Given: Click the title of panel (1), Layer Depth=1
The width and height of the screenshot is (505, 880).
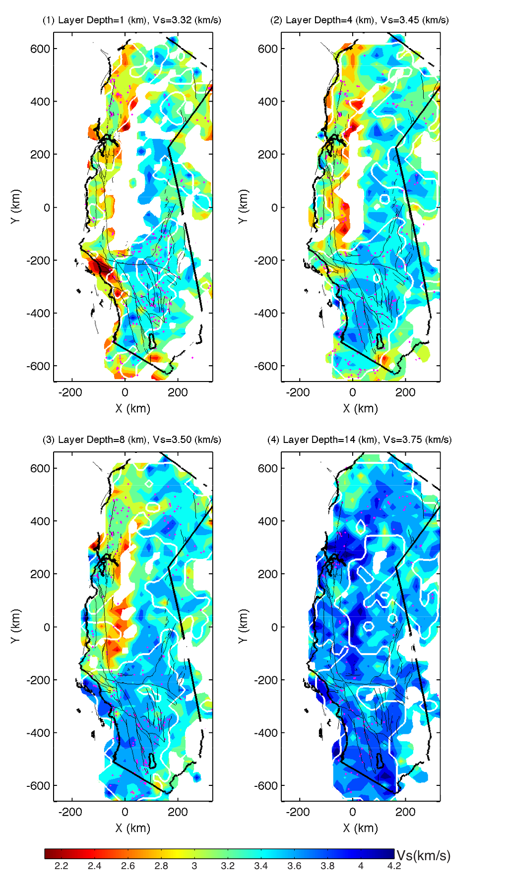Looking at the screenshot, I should tap(132, 20).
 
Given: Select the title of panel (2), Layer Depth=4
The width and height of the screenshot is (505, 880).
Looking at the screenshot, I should tap(359, 20).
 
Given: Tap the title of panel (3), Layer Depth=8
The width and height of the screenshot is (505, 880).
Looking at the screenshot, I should tap(132, 440).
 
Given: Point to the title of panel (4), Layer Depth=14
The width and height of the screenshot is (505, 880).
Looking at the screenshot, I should tap(359, 440).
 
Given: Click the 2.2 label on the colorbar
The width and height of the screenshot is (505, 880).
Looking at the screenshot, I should tap(61, 866).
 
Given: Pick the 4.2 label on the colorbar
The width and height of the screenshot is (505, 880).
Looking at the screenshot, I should tap(394, 866).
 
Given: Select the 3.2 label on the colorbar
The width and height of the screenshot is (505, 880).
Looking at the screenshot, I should tap(228, 866).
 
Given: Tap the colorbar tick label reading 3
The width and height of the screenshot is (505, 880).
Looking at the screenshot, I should tap(194, 866).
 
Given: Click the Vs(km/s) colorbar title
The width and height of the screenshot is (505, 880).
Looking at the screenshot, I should tap(424, 855).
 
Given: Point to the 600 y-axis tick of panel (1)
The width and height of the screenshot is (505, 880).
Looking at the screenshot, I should tap(40, 49).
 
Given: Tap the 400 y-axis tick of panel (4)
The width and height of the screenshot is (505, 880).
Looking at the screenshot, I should tap(268, 521).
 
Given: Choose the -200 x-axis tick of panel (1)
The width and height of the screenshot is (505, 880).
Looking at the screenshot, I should tap(70, 392).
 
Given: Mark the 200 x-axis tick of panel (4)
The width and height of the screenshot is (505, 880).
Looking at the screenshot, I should tap(405, 812).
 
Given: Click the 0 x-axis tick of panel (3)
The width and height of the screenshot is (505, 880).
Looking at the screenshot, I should tap(125, 812).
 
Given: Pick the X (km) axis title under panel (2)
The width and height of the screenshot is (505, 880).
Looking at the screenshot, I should tap(360, 408).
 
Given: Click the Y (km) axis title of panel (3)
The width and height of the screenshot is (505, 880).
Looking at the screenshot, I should tap(15, 626).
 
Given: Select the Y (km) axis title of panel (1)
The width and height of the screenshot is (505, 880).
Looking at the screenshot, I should tap(15, 207).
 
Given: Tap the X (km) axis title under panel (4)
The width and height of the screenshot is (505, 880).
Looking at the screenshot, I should tap(360, 828).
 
